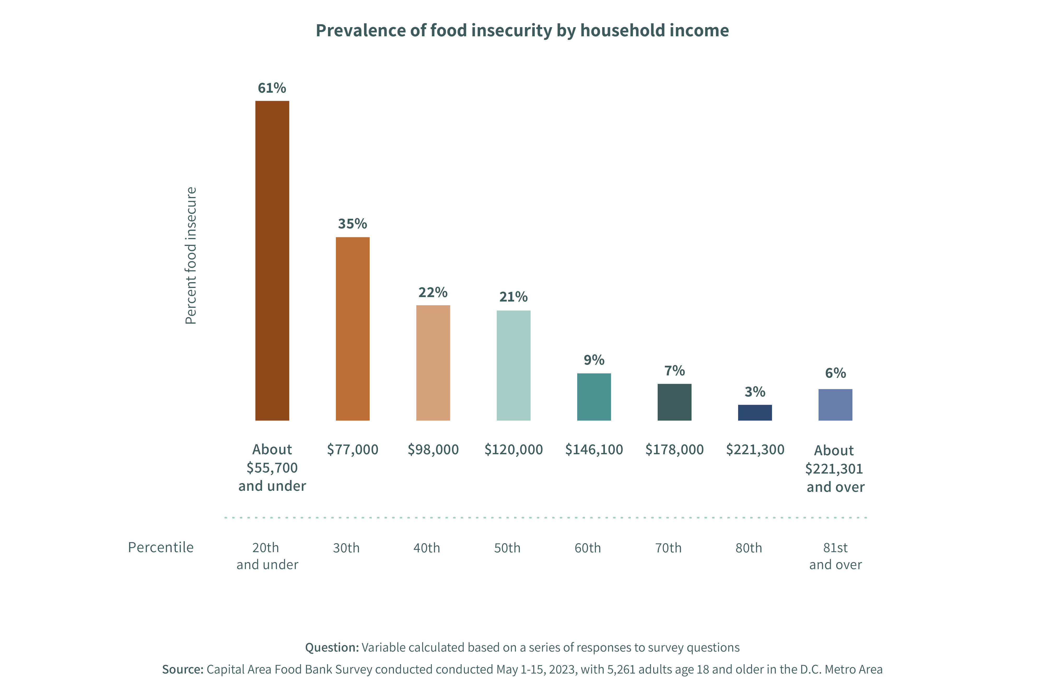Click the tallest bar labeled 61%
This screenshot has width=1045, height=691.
(272, 261)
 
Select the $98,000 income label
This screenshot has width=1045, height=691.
(433, 450)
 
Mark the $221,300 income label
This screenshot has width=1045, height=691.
(755, 450)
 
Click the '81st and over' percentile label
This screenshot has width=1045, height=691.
(835, 556)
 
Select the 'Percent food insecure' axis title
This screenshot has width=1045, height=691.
(190, 256)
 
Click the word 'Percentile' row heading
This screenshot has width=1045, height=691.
(160, 547)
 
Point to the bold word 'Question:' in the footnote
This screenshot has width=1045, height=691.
(332, 647)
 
